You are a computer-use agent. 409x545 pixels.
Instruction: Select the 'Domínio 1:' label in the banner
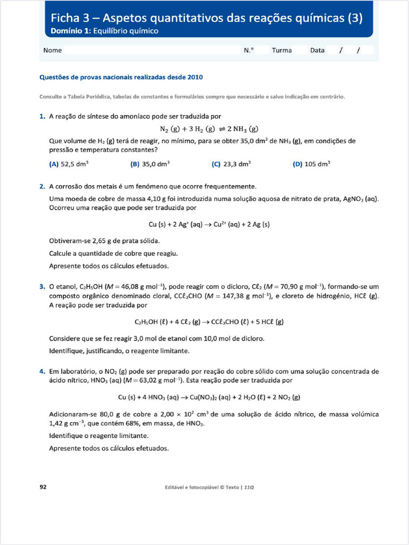(71, 31)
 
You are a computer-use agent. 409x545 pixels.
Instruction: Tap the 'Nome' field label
(52, 51)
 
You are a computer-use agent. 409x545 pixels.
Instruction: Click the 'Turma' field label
(282, 51)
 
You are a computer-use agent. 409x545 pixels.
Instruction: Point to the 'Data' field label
(317, 51)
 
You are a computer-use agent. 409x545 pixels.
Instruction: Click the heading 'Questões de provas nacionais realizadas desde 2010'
(121, 77)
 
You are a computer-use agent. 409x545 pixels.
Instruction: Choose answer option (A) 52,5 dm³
(69, 164)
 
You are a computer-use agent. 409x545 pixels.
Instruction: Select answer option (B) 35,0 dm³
(150, 164)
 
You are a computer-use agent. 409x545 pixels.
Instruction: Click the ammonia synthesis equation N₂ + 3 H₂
(209, 129)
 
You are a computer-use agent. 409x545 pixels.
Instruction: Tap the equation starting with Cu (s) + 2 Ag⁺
(209, 225)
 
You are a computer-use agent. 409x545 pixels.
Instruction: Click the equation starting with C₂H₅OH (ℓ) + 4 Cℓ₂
(209, 322)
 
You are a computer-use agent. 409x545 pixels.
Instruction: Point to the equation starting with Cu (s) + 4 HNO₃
(209, 398)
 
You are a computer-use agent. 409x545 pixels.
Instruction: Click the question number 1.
(42, 116)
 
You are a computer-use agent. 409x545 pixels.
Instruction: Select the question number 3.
(42, 287)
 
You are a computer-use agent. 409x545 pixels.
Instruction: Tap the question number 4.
(42, 371)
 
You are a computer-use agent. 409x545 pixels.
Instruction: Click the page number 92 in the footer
(44, 486)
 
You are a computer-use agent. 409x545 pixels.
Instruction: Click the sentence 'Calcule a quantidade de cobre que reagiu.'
(113, 253)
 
